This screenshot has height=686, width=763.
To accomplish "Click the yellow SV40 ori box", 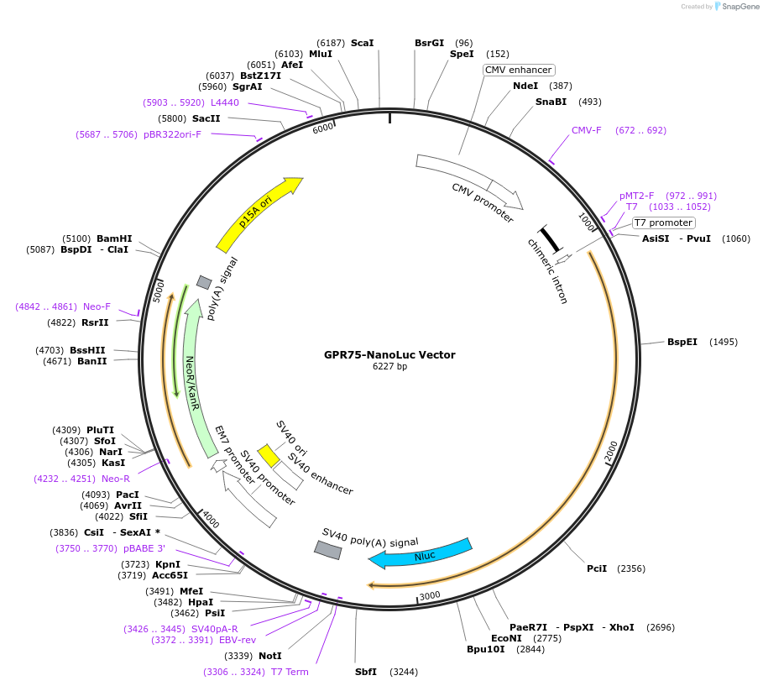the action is coord(268,456).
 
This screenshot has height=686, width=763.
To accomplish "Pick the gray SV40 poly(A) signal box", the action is coord(328,550).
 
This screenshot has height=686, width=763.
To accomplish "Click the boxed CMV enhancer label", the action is coord(519,70).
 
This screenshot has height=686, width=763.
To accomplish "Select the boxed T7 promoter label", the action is coord(664,223).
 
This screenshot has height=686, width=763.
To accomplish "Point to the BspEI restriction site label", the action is coord(682,342).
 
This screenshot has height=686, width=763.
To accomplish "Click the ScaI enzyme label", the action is coord(363,43).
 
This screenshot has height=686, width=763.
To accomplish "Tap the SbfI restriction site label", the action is coord(366,672).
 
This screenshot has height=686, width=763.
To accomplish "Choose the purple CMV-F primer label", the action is coord(587,130).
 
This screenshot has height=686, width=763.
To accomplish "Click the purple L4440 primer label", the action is coord(225,102).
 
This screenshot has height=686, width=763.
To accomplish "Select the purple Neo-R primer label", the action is coord(116,479).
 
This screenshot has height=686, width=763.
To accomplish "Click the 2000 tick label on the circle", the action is coord(611,451).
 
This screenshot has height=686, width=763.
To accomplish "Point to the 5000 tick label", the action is coord(159,291).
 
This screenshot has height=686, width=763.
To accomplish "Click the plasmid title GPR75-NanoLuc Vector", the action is coord(389,355).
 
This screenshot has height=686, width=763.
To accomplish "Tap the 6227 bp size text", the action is coord(389,366).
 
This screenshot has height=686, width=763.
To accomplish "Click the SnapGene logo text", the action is coord(740,7).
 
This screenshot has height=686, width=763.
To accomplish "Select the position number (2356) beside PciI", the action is coord(631,568).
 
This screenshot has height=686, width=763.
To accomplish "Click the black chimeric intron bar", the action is coord(550,238).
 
